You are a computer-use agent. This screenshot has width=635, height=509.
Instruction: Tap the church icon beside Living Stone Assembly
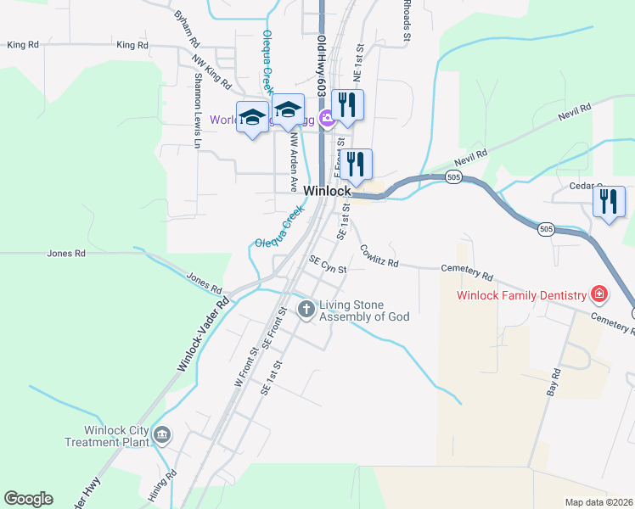[x=306, y=310]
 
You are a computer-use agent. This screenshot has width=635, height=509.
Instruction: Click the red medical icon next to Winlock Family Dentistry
[x=599, y=294]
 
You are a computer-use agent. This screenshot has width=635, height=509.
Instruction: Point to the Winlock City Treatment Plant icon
[x=162, y=435]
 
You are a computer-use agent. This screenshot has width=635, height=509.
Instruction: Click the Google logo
[x=28, y=499]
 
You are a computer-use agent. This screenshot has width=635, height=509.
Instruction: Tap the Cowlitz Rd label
[x=379, y=256]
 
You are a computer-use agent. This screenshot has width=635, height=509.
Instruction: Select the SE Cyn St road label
[x=329, y=266]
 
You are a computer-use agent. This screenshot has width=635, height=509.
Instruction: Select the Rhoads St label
[x=407, y=21]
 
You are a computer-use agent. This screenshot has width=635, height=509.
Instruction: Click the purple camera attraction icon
[x=325, y=119]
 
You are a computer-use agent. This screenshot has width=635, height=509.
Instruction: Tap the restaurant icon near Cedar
[x=609, y=203]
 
